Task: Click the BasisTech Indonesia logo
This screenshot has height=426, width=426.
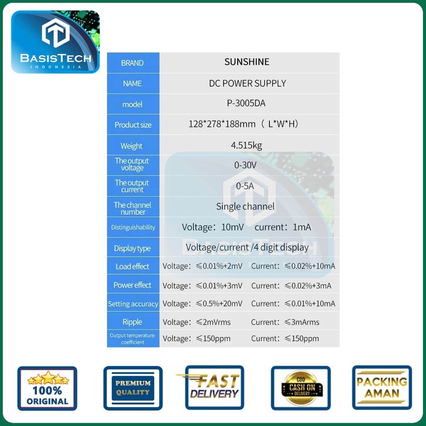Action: pos(55,42)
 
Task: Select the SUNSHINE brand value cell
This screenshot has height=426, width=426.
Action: pos(246,62)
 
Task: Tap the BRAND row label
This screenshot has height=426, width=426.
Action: pos(132,63)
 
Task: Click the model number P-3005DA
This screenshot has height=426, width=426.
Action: pos(246,103)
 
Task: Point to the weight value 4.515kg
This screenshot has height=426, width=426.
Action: pos(246,145)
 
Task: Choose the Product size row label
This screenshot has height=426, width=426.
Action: pos(133,125)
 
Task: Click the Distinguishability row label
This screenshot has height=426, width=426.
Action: pos(133,227)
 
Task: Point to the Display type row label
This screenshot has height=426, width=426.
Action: pos(133,248)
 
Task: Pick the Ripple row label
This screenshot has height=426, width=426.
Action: pos(133,322)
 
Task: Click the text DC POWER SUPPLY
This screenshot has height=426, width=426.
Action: pos(248,83)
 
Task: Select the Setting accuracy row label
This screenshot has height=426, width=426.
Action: pos(133,304)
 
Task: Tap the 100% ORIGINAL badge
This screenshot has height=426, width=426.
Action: pos(48,388)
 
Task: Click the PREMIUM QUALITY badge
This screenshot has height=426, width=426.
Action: pos(133,388)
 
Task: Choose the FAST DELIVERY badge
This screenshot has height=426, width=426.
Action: pos(214,387)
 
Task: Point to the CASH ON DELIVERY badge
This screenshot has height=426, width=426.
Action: pos(300,388)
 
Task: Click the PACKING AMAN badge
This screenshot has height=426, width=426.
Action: pos(382,388)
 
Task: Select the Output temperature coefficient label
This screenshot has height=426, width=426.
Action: pos(133,339)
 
